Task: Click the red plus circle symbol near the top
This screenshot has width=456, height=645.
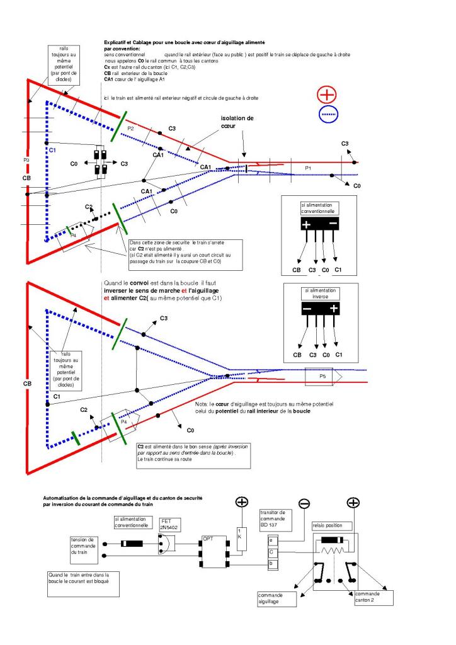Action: click(x=329, y=95)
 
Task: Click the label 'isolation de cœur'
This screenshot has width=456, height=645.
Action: click(x=238, y=122)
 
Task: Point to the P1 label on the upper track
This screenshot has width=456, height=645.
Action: click(x=307, y=168)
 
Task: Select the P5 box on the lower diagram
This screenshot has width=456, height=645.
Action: click(x=322, y=376)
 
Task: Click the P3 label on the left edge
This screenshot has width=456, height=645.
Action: click(x=26, y=161)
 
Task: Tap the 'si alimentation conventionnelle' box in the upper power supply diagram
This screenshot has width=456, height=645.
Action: click(x=319, y=210)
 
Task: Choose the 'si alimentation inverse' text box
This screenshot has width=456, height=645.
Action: click(x=320, y=293)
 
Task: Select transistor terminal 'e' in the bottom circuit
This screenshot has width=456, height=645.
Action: click(x=271, y=540)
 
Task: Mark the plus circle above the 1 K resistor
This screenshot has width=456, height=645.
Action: click(x=242, y=502)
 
